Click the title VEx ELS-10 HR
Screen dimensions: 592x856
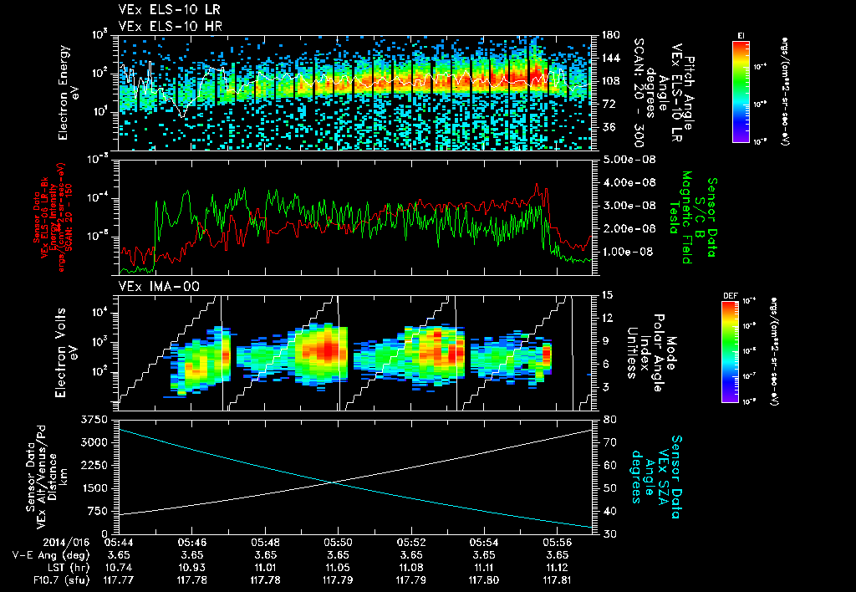point(162,26)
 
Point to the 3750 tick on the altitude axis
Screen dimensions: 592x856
point(98,418)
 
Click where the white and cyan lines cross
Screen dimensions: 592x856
point(333,482)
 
